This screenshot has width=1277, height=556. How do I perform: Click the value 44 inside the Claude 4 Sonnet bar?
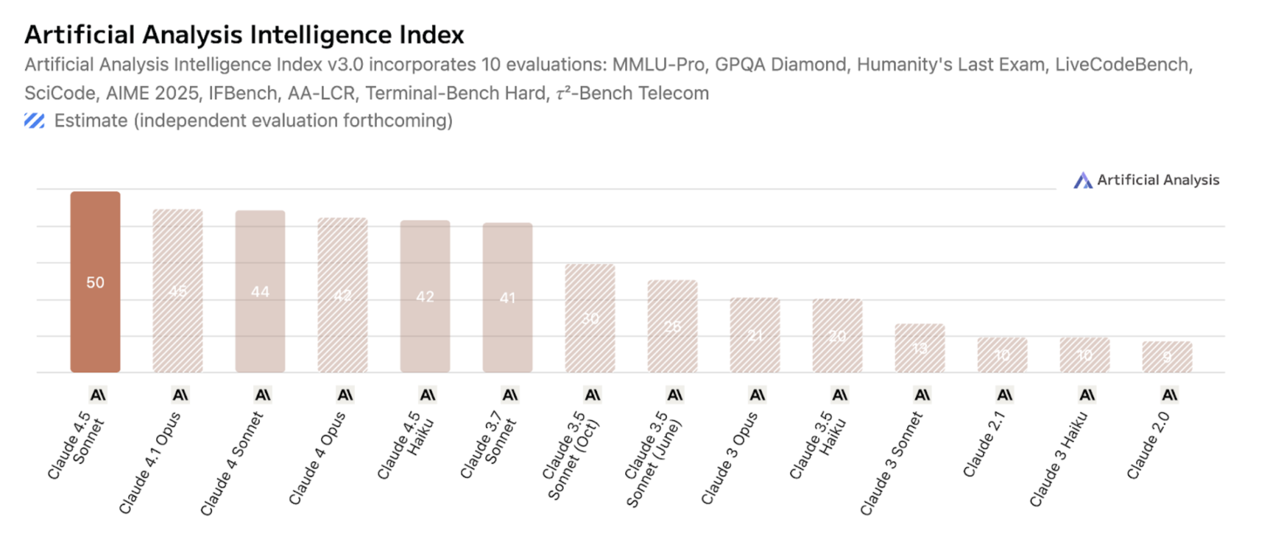point(260,291)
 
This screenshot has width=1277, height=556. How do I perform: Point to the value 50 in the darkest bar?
point(95,282)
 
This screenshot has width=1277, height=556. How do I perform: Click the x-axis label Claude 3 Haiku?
point(1058,459)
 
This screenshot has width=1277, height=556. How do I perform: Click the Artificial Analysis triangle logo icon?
point(1083,180)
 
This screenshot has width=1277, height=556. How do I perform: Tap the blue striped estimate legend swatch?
point(34,121)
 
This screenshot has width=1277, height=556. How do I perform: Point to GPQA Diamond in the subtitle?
point(780,65)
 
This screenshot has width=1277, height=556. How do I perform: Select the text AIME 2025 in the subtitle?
point(153,93)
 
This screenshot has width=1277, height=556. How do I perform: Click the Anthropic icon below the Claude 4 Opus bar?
point(345,395)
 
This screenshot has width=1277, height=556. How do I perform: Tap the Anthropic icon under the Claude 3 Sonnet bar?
point(922,395)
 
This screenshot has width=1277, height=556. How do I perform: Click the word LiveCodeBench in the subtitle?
point(1122,65)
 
